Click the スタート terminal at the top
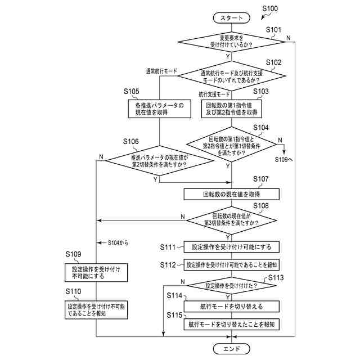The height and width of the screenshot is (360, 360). pyautogui.click(x=232, y=18)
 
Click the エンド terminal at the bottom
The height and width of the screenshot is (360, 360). pyautogui.click(x=232, y=349)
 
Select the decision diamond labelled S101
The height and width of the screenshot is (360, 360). pyautogui.click(x=232, y=41)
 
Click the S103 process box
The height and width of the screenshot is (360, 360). pyautogui.click(x=232, y=109)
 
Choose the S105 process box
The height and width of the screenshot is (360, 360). pyautogui.click(x=159, y=109)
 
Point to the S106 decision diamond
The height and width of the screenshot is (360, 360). pyautogui.click(x=159, y=161)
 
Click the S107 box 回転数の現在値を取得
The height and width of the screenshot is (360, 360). pyautogui.click(x=232, y=194)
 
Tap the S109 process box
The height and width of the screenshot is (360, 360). pyautogui.click(x=96, y=273)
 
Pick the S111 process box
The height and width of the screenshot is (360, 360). pyautogui.click(x=232, y=246)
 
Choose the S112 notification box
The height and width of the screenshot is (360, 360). pyautogui.click(x=232, y=264)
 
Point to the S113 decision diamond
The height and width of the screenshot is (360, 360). pyautogui.click(x=232, y=285)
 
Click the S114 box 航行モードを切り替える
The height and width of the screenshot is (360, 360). pyautogui.click(x=232, y=307)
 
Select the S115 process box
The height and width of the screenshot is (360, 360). pyautogui.click(x=232, y=325)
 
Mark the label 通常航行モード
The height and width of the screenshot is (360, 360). pyautogui.click(x=161, y=71)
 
